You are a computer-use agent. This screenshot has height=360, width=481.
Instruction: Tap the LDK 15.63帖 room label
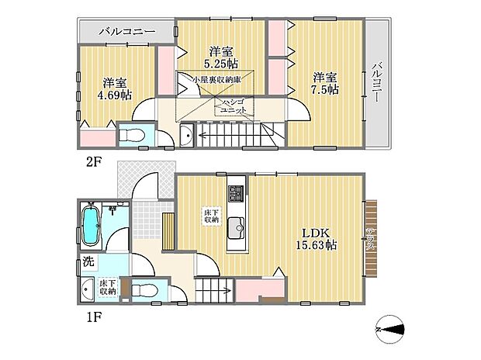pyautogui.click(x=313, y=238)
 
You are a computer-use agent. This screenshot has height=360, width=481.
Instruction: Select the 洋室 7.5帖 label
pyautogui.click(x=325, y=83)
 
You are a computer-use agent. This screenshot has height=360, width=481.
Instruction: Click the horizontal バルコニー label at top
pyautogui.click(x=128, y=32)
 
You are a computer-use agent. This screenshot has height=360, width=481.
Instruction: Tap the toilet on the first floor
pyautogui.click(x=144, y=290)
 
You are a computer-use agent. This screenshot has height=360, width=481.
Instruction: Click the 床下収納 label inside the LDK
pyautogui.click(x=210, y=216)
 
